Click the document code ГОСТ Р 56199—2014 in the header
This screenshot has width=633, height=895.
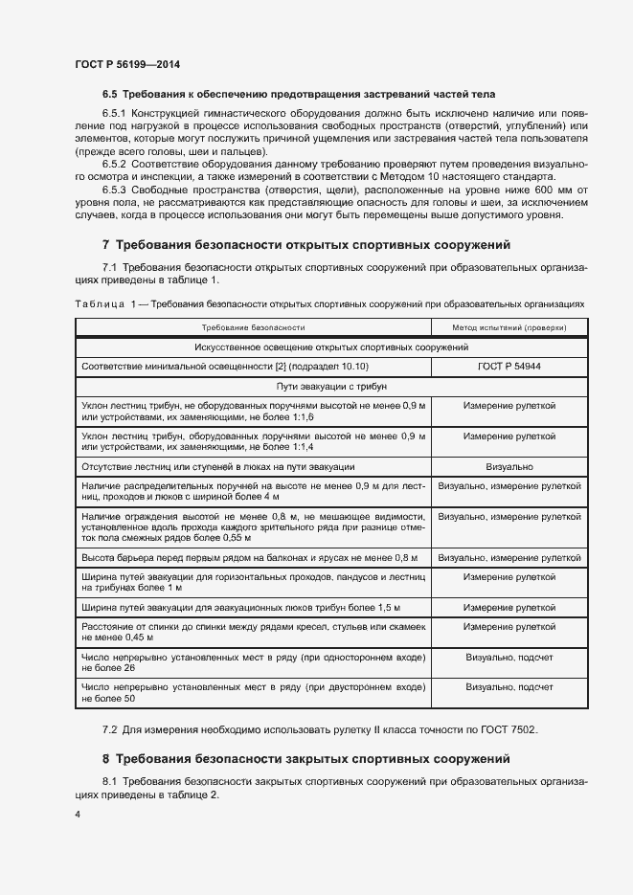[127, 64]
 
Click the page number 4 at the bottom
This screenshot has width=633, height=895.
[78, 815]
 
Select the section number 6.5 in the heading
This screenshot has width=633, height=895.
[109, 95]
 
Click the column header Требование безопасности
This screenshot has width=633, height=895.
[253, 327]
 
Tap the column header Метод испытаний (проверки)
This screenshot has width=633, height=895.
[509, 327]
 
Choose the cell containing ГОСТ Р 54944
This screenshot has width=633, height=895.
[509, 367]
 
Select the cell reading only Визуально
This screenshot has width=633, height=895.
[509, 467]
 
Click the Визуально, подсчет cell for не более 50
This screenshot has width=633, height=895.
[509, 687]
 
